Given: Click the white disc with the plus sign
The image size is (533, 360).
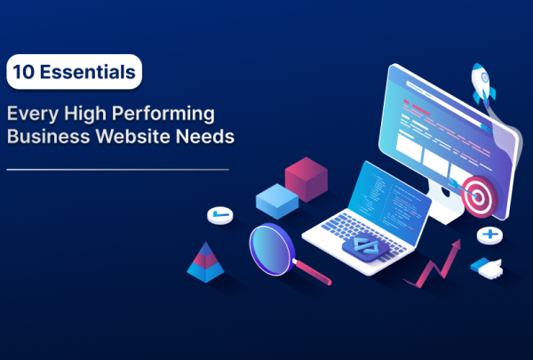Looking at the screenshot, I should pyautogui.click(x=489, y=236).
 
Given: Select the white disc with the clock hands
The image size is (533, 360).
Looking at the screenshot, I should pyautogui.click(x=219, y=216).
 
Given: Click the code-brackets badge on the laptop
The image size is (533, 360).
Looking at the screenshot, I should pyautogui.click(x=363, y=246).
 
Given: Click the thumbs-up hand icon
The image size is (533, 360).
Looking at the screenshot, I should pyautogui.click(x=487, y=266).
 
